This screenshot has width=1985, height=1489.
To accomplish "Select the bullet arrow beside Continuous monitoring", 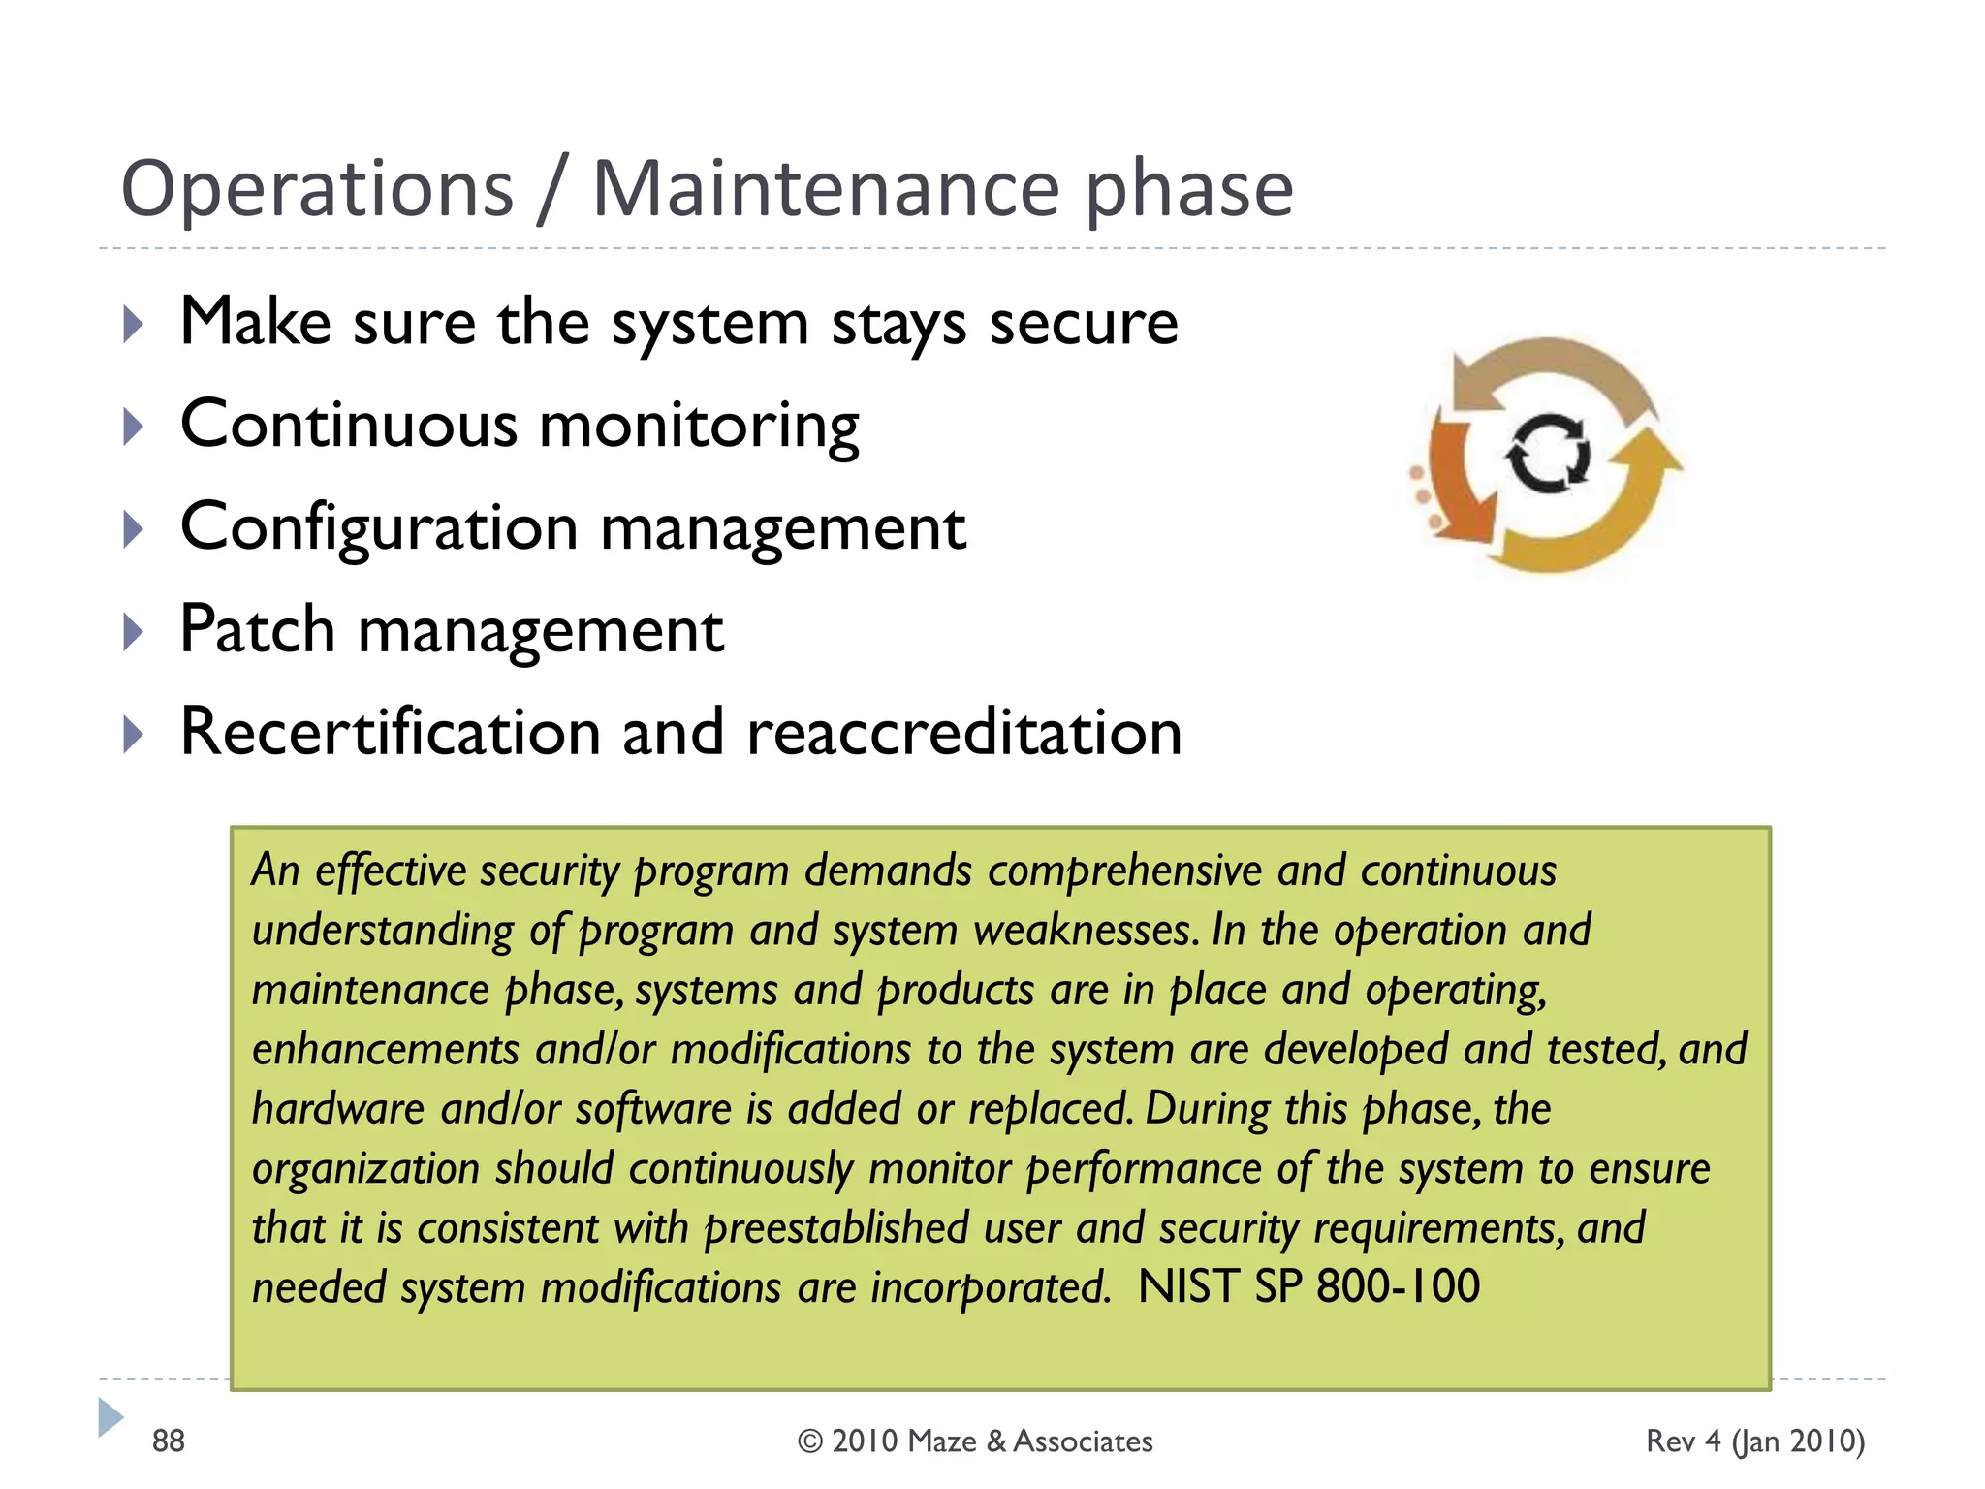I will point(134,427).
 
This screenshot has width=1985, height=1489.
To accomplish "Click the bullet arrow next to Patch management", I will point(134,632).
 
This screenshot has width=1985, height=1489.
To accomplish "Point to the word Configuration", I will point(379,528).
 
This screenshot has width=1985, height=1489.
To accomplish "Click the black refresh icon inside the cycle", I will point(1548,453).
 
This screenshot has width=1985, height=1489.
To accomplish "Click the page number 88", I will point(168,1441).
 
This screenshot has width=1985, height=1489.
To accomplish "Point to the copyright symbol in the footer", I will point(810,1441).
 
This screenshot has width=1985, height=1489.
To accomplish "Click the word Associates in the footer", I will point(1083,1441).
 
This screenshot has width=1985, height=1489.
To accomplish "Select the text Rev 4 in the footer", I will point(1684,1441).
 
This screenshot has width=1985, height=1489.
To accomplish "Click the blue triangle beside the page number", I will point(110,1417).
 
